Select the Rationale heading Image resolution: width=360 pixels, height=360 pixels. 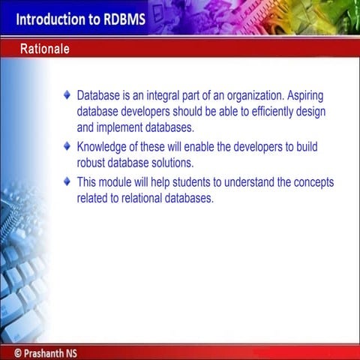(x=45, y=49)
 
